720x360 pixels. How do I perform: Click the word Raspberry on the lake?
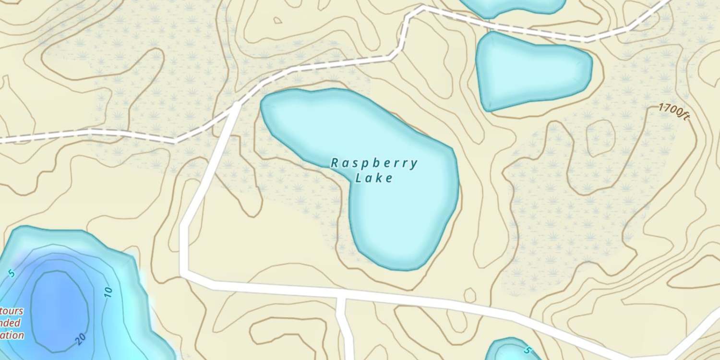374,164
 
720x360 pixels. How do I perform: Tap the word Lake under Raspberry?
374,179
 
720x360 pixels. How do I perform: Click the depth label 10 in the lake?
108,291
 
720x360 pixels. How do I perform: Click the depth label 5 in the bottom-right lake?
528,350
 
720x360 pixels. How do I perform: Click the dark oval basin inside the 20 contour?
60,304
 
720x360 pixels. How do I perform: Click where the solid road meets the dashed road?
237,104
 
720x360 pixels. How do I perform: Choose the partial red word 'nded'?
12,323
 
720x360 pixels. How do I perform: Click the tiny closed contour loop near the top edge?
277,20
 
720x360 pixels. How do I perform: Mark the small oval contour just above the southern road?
470,294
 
